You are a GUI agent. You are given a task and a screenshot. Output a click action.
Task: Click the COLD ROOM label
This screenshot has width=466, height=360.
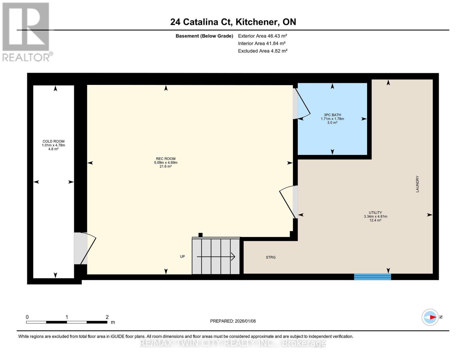53,141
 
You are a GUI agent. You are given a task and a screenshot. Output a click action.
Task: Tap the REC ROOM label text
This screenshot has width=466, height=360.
166,159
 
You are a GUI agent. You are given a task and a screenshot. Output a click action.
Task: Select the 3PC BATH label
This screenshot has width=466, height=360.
332,115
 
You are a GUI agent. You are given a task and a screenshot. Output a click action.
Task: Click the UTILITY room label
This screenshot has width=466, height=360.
375,213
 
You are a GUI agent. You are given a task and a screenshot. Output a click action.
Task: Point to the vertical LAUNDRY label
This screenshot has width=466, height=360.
417,184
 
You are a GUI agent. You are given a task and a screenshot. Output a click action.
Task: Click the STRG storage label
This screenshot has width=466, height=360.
271,257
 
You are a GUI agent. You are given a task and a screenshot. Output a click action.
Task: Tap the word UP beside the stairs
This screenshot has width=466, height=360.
182,256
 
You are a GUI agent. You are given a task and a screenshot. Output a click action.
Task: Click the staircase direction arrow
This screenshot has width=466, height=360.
216,257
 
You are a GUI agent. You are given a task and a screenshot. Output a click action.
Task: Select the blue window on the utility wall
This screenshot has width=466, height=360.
372,277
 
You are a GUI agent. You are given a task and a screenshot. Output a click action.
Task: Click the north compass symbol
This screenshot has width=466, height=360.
430,317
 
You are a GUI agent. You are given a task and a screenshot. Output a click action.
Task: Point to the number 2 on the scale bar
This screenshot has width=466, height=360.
107,317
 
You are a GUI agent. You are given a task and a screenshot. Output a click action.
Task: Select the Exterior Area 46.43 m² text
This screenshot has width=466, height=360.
263,36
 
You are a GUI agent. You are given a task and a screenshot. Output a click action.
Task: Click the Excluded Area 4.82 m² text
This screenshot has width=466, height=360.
263,51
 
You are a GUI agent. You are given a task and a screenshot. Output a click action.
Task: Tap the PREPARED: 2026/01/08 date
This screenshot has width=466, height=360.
233,321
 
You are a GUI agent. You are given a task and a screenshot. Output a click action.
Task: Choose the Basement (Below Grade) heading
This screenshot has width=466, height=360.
204,36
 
